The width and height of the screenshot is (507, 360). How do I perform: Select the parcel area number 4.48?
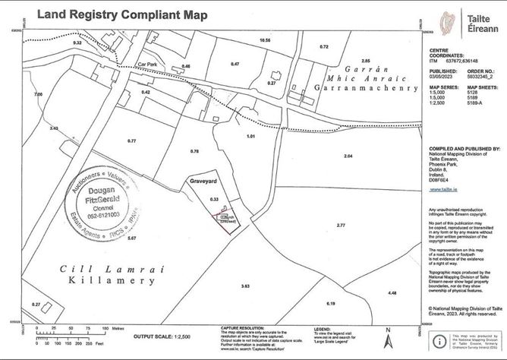pyautogui.click(x=392, y=292)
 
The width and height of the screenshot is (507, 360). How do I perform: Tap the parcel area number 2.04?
pyautogui.click(x=348, y=156)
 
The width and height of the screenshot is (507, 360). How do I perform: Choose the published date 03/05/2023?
pyautogui.click(x=440, y=77)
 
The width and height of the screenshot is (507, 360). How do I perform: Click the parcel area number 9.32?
pyautogui.click(x=77, y=43)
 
